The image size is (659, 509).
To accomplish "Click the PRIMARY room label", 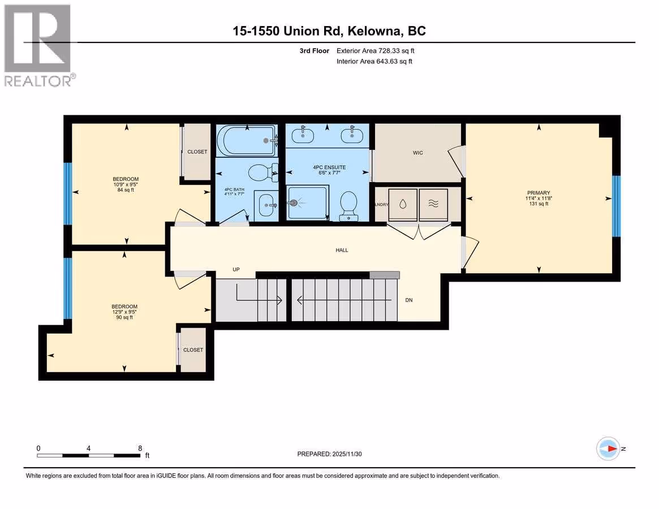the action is tap(539, 193).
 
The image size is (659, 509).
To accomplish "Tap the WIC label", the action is tap(418, 153).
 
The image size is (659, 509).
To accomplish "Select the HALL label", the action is tap(342, 250).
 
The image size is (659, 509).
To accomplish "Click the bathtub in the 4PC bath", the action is tap(247, 141).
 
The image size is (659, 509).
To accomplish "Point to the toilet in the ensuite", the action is tap(348, 206).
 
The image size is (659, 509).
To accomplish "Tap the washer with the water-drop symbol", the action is tap(403, 205).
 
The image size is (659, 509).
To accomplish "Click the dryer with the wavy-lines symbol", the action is tap(433, 205).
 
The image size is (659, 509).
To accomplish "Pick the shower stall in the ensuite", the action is tap(307, 203).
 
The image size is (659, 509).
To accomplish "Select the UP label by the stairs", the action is tap(236, 269).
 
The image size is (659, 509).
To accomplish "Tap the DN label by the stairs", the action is tap(409, 300).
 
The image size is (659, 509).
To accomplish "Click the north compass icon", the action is tap(608, 449).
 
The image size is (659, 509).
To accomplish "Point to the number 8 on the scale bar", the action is tap(140, 448).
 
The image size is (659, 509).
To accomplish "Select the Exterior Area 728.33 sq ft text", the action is tap(375, 51).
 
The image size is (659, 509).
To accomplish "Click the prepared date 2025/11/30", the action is tap(347, 454).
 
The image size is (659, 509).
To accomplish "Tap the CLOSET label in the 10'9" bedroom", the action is tap(197, 152).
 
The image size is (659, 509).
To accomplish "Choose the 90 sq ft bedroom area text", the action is tap(124, 317).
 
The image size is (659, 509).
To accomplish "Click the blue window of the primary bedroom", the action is tap(616, 206).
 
